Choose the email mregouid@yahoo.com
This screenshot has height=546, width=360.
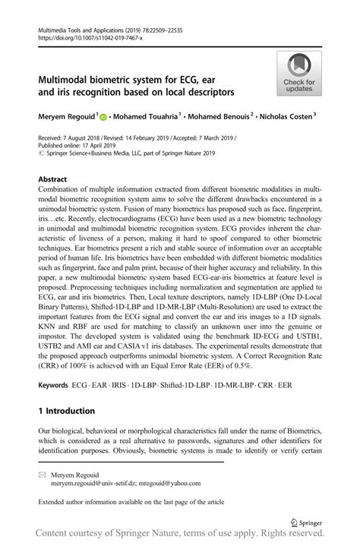pyautogui.click(x=173, y=482)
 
